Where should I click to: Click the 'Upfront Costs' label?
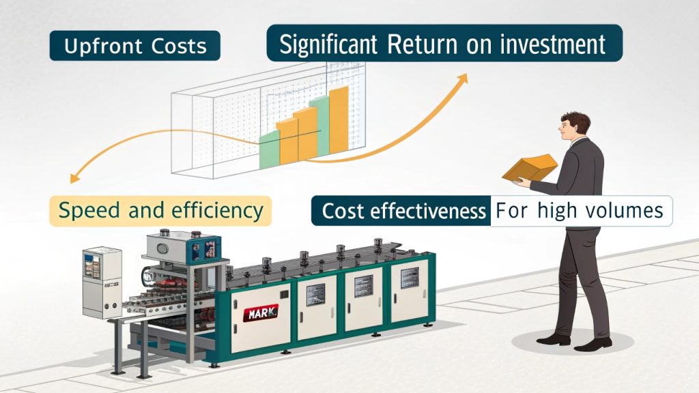[134, 46]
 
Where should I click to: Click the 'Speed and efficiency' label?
[160, 210]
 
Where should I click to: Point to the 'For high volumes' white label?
[580, 210]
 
